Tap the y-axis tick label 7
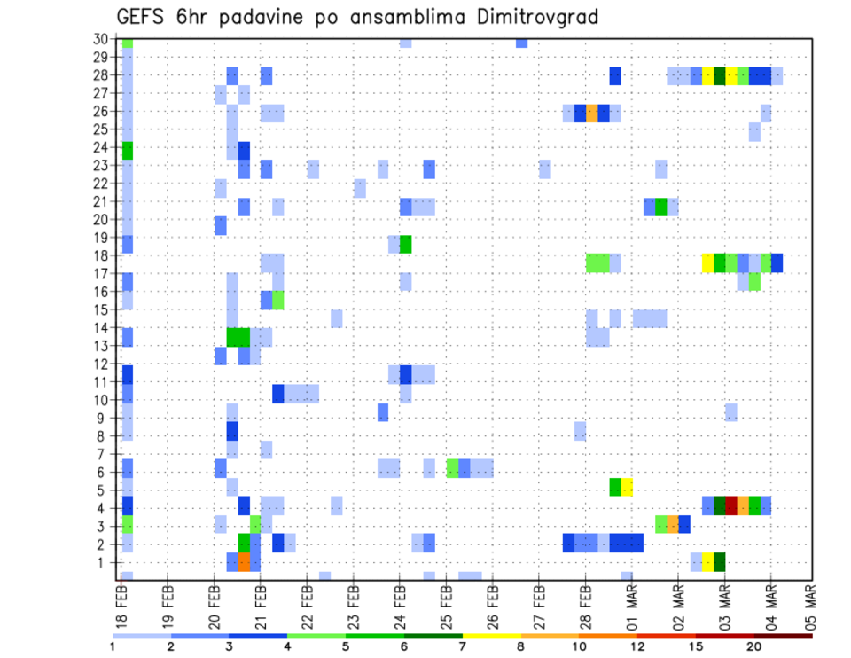click(x=104, y=454)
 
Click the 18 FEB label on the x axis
click(x=122, y=603)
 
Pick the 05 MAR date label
click(x=810, y=603)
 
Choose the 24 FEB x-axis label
click(x=400, y=603)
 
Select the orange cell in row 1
click(x=245, y=562)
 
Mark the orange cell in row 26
click(x=592, y=113)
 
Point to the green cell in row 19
click(x=406, y=244)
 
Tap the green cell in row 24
click(x=128, y=150)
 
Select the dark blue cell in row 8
click(x=232, y=431)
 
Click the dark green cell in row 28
click(x=720, y=76)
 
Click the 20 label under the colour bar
click(x=754, y=646)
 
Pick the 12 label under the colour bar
click(x=638, y=646)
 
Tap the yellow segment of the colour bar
click(x=492, y=635)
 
